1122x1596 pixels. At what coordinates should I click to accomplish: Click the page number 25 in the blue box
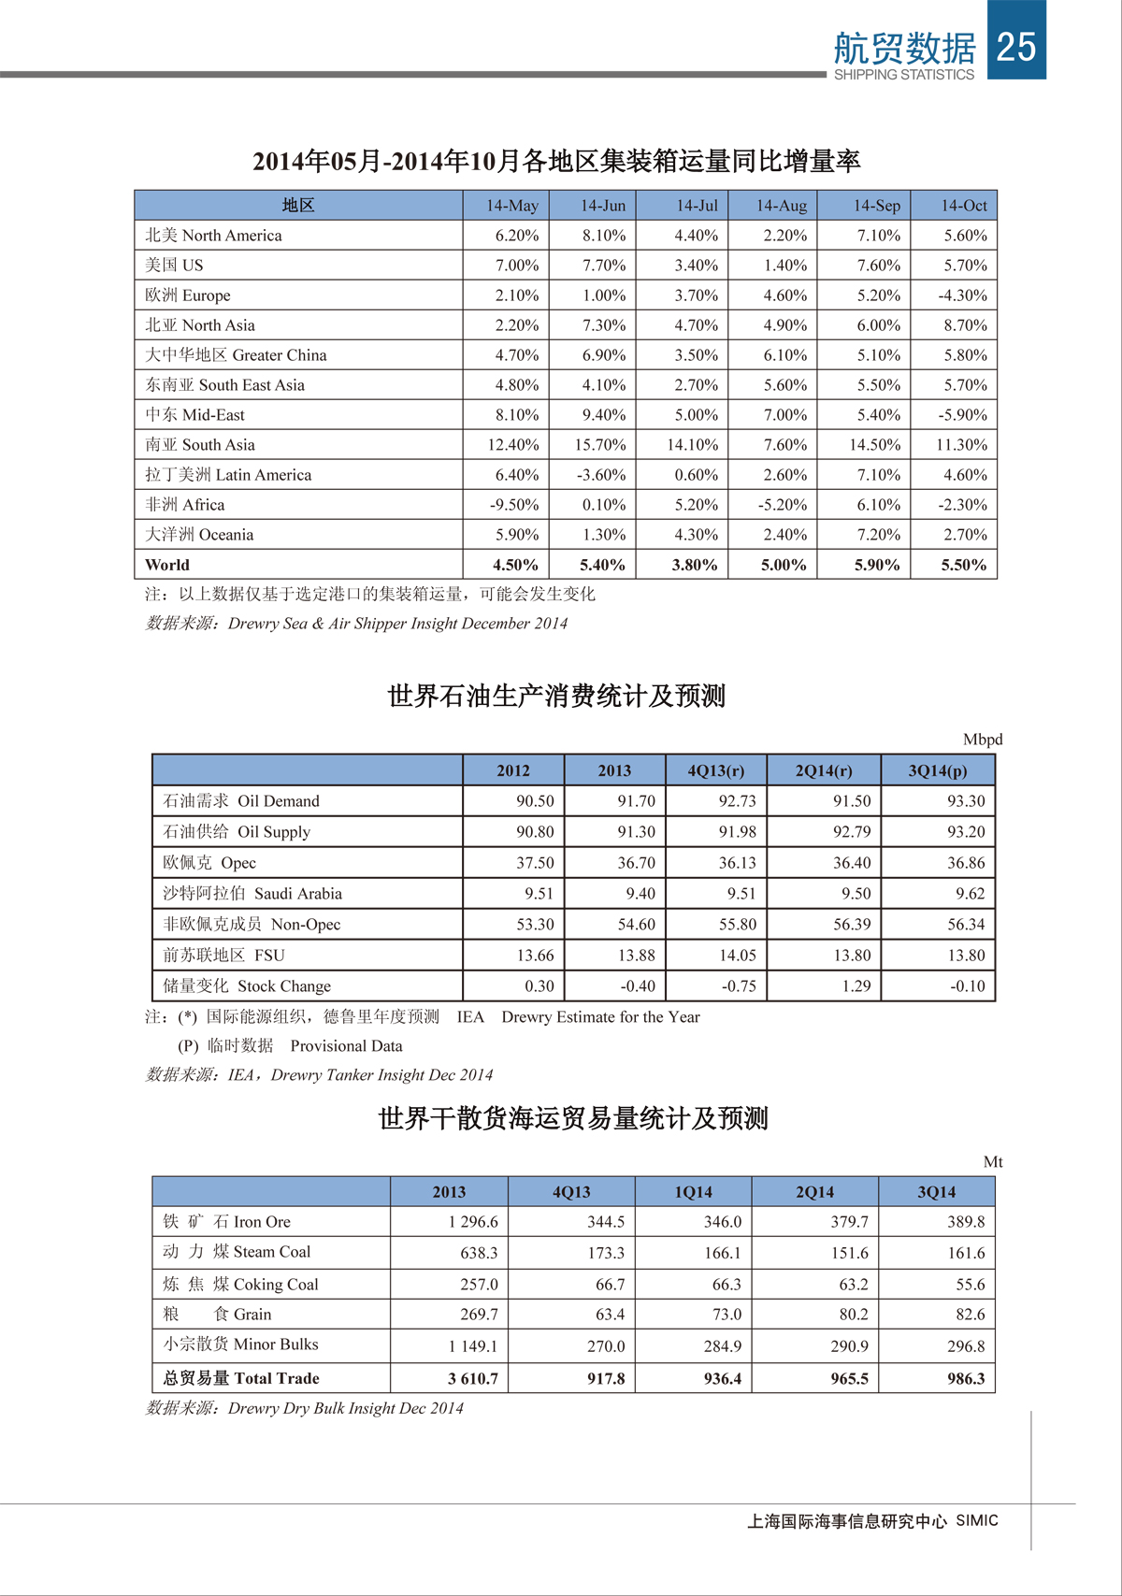pos(1016,46)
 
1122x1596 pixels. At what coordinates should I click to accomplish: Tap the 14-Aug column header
pos(781,206)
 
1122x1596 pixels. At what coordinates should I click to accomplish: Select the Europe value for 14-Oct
pos(962,295)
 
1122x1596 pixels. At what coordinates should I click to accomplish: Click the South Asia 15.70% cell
pos(599,445)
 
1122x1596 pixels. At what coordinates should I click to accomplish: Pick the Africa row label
pos(184,505)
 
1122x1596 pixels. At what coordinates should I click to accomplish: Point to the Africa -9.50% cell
pos(514,505)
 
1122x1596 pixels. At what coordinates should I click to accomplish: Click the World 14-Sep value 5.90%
pos(876,565)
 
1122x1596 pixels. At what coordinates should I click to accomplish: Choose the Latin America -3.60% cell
pos(600,475)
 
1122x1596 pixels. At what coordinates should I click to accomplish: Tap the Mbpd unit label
pos(982,740)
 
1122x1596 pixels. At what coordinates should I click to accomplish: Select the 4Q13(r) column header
pos(715,770)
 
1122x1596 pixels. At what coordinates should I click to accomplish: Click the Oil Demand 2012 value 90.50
pos(535,801)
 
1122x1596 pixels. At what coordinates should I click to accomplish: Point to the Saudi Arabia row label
pos(252,894)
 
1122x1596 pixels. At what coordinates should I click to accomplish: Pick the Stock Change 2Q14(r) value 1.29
pos(856,986)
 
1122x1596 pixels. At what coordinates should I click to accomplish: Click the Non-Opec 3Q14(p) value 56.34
pos(966,925)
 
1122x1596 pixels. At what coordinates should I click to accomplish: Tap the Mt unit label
pos(992,1162)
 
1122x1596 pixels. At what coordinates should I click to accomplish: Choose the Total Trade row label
pos(240,1378)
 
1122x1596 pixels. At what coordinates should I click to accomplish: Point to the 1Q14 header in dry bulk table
pos(693,1192)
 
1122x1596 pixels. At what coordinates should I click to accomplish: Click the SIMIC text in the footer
pos(976,1521)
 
